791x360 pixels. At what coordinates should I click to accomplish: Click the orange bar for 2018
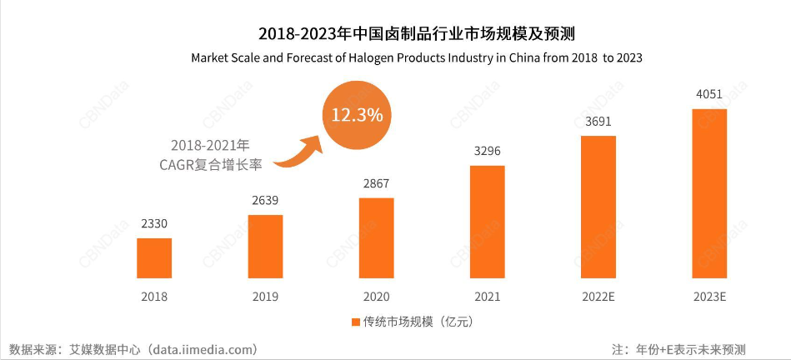(154, 257)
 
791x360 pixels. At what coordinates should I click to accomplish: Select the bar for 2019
(265, 246)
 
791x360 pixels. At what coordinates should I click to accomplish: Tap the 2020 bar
(377, 237)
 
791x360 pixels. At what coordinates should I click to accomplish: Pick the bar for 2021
(488, 221)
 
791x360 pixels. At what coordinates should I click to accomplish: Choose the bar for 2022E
(598, 206)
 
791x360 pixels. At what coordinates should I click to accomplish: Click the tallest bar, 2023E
(709, 192)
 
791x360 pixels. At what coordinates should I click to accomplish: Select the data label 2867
(377, 183)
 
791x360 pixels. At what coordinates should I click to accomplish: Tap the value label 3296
(488, 151)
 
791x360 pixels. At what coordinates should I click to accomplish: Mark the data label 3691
(598, 121)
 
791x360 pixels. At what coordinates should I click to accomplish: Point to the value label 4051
(709, 94)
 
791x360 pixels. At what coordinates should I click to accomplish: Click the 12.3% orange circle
(358, 115)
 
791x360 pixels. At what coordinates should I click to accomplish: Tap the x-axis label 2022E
(598, 297)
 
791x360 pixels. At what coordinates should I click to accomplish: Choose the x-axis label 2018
(154, 297)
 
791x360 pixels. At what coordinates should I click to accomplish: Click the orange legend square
(354, 321)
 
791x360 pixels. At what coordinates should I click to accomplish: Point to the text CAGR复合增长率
(211, 164)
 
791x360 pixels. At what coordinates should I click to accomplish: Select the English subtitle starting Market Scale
(417, 58)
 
